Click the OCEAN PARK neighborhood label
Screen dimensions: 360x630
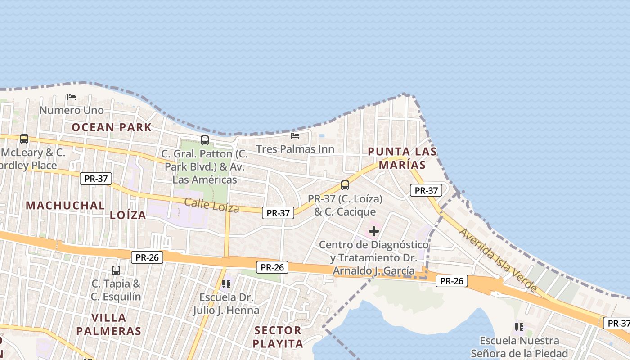tap(112, 127)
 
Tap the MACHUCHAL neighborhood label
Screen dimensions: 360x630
tap(65, 206)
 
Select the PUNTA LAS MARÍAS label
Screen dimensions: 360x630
tap(402, 158)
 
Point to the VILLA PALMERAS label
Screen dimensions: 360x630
tap(109, 324)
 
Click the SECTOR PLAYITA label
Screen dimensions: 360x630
tap(278, 337)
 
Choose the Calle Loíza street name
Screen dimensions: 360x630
tap(211, 205)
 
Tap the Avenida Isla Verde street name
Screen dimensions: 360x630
tap(498, 260)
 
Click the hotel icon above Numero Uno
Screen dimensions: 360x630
tap(71, 97)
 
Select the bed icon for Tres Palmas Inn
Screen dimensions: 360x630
tap(295, 135)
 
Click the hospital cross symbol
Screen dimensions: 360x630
tap(373, 232)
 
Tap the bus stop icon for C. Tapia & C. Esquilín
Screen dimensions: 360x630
tap(116, 270)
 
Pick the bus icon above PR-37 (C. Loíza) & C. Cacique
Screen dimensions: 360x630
tap(345, 185)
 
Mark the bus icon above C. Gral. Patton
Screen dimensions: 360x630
tap(205, 140)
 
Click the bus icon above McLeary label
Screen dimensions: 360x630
tap(24, 139)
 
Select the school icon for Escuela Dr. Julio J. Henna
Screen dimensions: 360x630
tap(226, 283)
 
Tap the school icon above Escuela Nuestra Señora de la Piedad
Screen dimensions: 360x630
tap(519, 327)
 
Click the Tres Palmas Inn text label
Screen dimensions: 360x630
tap(295, 149)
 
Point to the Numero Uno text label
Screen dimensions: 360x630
tap(71, 110)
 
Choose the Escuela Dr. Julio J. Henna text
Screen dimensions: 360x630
tap(226, 304)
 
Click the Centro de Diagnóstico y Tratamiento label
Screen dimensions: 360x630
tap(373, 258)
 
